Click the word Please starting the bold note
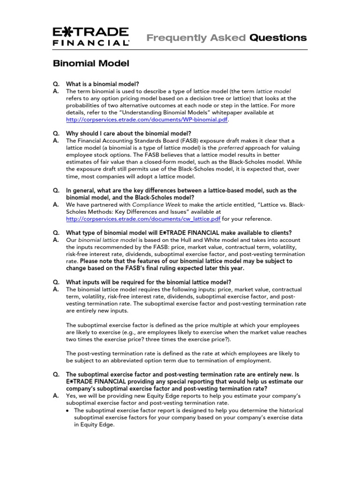click(90, 261)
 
